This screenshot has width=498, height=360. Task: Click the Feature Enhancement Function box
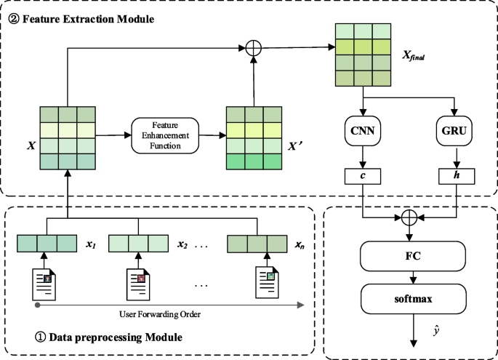pyautogui.click(x=165, y=135)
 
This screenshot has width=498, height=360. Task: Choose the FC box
pyautogui.click(x=411, y=257)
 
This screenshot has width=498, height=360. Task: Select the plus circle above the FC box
pyautogui.click(x=411, y=216)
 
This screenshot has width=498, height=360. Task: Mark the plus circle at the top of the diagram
pyautogui.click(x=254, y=49)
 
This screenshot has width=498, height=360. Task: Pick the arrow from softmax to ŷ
pyautogui.click(x=411, y=328)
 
